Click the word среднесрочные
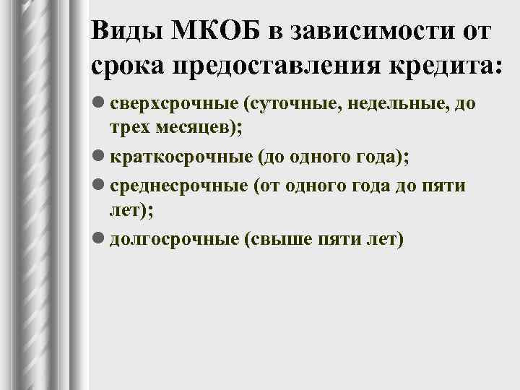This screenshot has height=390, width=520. [x=178, y=186]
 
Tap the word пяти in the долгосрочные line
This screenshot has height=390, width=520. [x=337, y=239]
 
